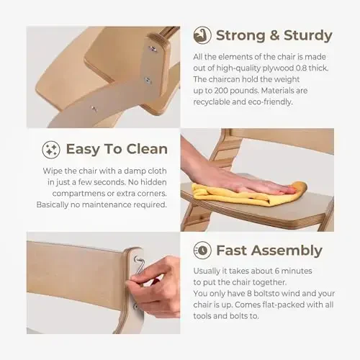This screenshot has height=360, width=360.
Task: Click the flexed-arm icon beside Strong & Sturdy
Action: (202, 35)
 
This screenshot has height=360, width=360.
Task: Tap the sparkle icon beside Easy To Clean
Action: (51, 150)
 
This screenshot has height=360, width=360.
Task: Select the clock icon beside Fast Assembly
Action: (202, 250)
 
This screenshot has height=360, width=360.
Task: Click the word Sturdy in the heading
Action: (308, 36)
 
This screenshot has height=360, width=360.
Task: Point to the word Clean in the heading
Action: (147, 149)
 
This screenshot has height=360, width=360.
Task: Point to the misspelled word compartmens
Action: (78, 194)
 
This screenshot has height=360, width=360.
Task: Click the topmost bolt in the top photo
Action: (153, 49)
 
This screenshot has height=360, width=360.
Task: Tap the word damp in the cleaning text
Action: (130, 171)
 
